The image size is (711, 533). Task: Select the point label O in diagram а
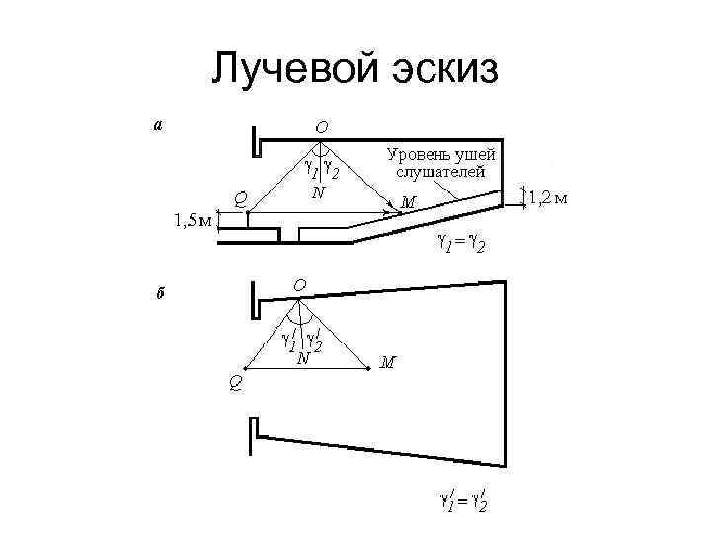323,127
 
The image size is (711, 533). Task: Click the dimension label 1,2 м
549,198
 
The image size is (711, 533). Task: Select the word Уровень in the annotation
418,154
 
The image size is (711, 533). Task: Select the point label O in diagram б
298,286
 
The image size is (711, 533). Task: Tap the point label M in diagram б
389,362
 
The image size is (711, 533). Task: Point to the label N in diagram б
304,359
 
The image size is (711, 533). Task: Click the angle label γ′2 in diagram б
316,343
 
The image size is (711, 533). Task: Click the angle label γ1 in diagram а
307,173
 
